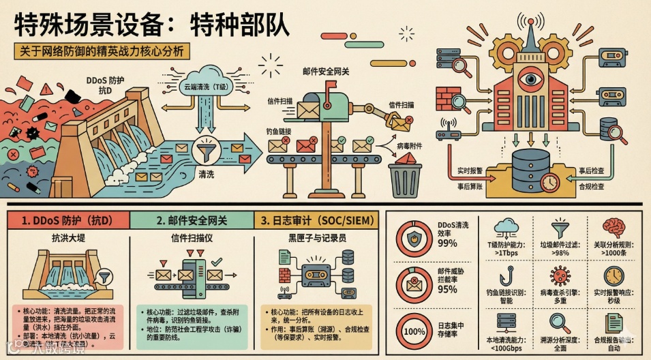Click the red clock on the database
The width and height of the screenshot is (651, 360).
tap(549, 181)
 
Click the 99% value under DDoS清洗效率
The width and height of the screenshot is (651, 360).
tap(448, 243)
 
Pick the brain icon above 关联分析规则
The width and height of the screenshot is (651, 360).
tap(614, 226)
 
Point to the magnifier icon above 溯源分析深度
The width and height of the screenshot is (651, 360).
tap(560, 322)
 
